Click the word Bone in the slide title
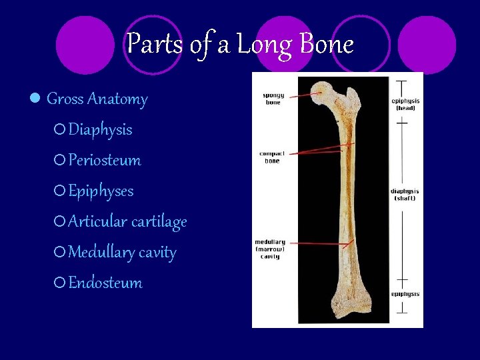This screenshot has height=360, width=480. (327, 45)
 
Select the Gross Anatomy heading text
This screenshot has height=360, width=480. (97, 99)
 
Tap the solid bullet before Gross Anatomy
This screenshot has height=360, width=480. (35, 99)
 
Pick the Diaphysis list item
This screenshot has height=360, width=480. (100, 130)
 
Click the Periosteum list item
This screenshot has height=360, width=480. (105, 161)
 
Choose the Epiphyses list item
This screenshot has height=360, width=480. (101, 191)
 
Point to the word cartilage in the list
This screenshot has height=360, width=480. (159, 222)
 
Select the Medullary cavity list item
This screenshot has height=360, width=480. (122, 253)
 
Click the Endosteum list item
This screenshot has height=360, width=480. (105, 283)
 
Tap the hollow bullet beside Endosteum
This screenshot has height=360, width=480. (60, 283)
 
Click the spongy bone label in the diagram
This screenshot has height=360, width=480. (273, 99)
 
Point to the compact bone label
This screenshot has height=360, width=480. (272, 157)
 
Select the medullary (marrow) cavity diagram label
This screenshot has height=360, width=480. (270, 249)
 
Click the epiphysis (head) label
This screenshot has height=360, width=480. (405, 104)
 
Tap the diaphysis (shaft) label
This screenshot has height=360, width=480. (405, 195)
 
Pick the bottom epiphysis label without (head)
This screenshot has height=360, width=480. (405, 294)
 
